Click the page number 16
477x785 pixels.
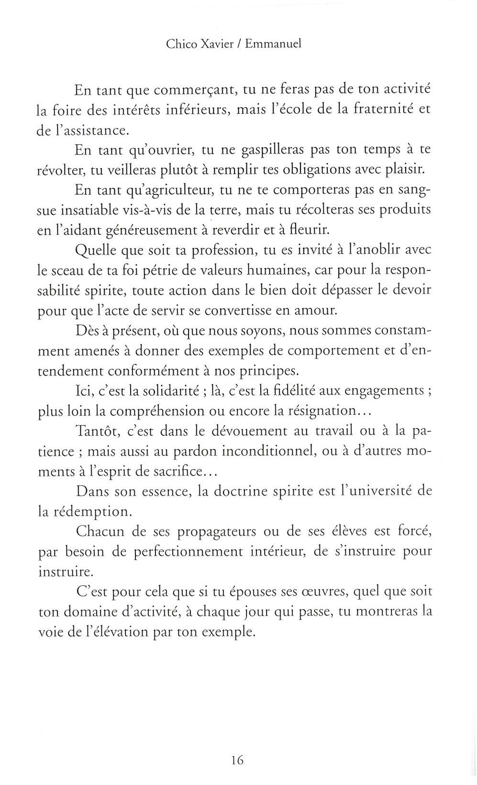[x=237, y=760]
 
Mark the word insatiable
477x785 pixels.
[x=106, y=210]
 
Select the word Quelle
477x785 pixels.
[x=96, y=250]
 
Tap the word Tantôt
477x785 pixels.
[x=100, y=431]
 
